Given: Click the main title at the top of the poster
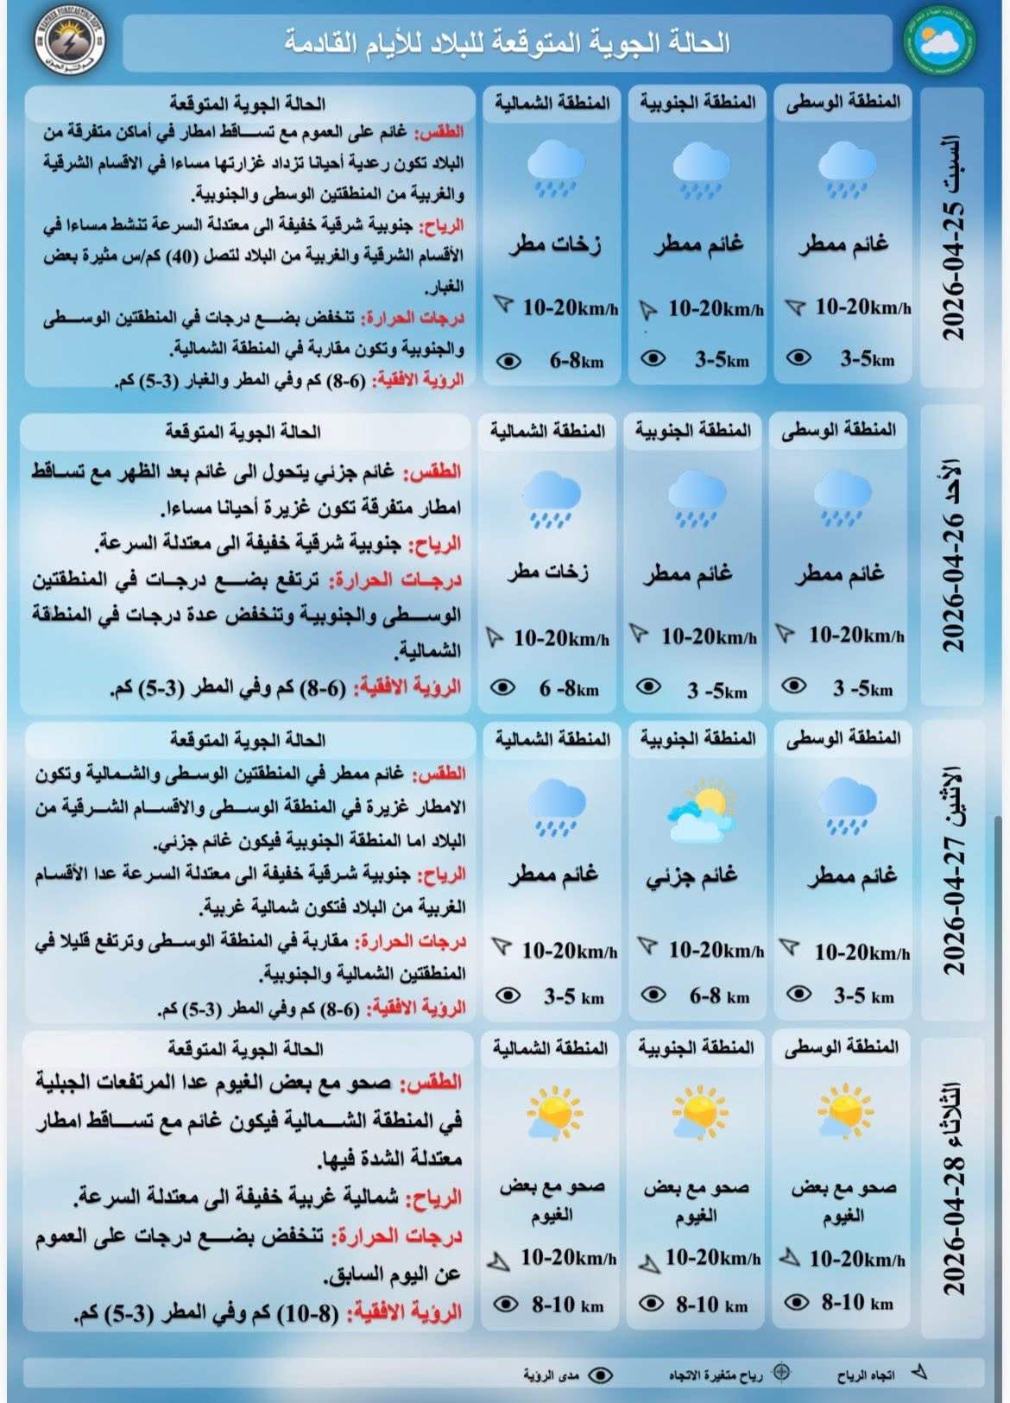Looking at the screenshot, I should (508, 42).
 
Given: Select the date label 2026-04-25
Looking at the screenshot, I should (952, 237).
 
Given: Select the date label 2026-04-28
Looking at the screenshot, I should (952, 1187).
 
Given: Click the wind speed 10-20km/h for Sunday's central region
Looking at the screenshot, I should (855, 636).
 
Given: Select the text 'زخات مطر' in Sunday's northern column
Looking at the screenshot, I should (548, 572).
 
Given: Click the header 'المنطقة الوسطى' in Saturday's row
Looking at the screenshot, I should (843, 103).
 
